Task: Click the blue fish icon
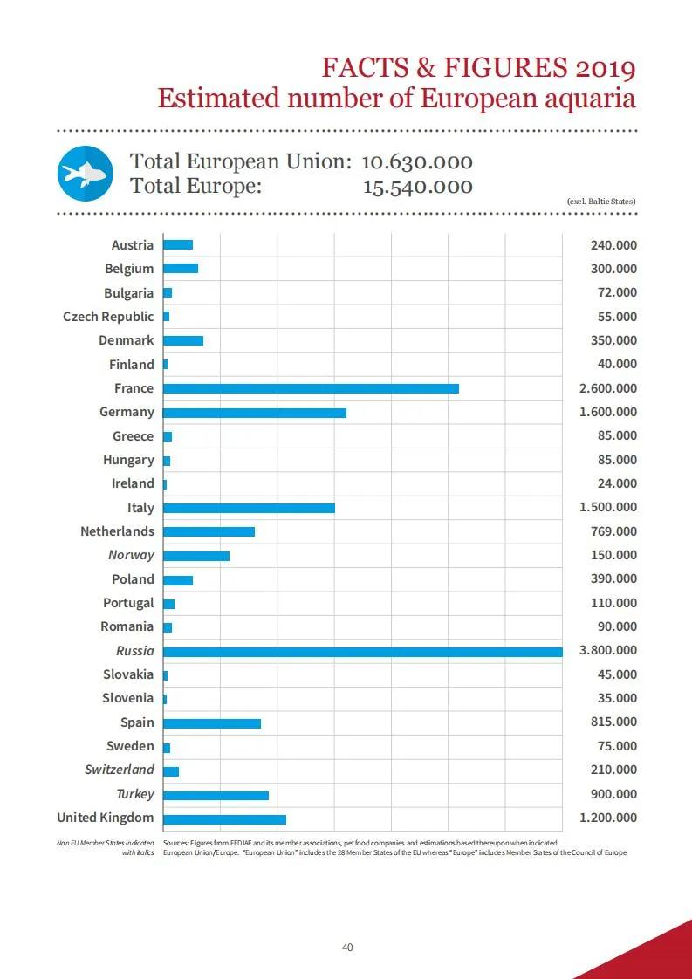(86, 174)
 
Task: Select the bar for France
(311, 388)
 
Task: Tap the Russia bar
(363, 652)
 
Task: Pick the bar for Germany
(255, 413)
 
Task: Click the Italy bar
(250, 508)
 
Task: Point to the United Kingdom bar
(225, 819)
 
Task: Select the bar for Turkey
(216, 796)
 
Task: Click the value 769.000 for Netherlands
(614, 531)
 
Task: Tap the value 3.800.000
(608, 651)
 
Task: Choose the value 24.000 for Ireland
(617, 483)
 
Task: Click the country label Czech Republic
(108, 317)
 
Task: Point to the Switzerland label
(120, 770)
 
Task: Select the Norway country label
(131, 555)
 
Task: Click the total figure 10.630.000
(417, 161)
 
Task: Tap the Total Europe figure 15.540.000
(418, 187)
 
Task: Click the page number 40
(347, 948)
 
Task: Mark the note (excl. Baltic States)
(601, 202)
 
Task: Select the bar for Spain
(212, 723)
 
